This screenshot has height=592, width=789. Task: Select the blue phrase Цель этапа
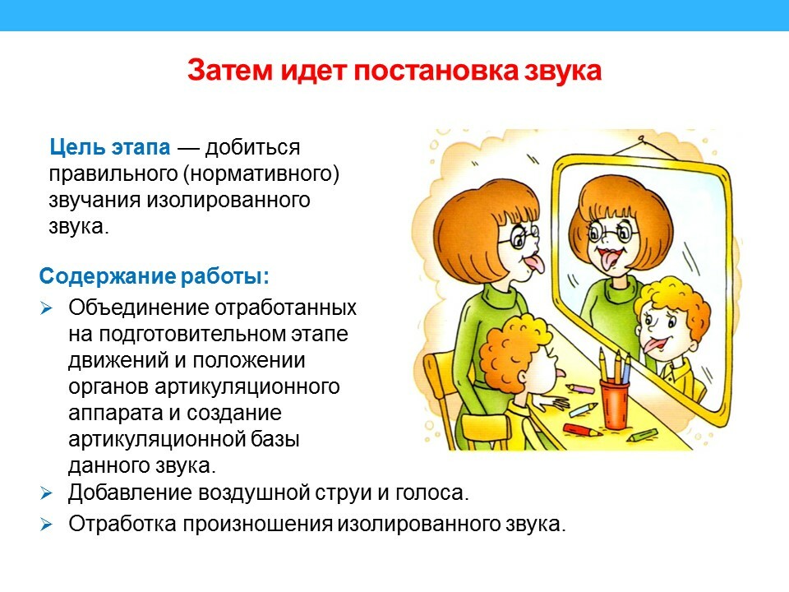point(110,148)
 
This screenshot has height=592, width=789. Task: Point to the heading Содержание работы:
point(154,275)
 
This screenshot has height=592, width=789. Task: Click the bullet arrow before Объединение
point(47,308)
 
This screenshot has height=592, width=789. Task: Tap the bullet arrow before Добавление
point(47,494)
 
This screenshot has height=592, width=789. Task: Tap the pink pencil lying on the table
point(582,387)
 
